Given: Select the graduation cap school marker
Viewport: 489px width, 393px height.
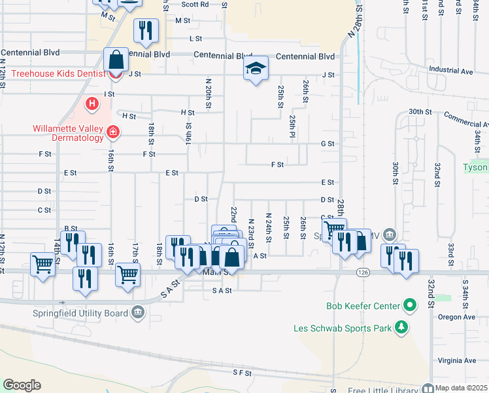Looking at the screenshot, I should pyautogui.click(x=256, y=68).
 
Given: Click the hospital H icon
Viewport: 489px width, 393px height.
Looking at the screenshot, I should pyautogui.click(x=92, y=103).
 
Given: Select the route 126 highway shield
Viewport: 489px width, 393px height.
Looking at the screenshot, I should pyautogui.click(x=363, y=272).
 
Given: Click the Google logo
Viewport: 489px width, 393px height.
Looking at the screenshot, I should pyautogui.click(x=22, y=385).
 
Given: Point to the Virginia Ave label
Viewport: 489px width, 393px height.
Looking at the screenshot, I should pyautogui.click(x=457, y=361).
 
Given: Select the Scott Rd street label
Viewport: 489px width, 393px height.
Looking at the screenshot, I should pyautogui.click(x=195, y=4).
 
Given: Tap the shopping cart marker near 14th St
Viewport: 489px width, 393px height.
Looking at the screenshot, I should pyautogui.click(x=43, y=265).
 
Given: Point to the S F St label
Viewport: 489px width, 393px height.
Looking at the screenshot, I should pyautogui.click(x=242, y=372).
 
